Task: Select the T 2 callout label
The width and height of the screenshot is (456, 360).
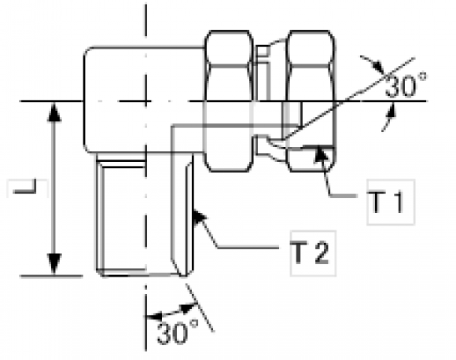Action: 310,253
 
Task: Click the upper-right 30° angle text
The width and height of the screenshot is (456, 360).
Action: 406,85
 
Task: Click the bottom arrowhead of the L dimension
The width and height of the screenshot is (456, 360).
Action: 53,264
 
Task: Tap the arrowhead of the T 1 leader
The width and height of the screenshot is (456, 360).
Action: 322,153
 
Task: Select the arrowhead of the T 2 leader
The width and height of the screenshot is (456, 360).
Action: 199,218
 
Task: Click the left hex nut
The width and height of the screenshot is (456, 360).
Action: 228,101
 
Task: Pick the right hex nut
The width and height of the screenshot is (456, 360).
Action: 311,101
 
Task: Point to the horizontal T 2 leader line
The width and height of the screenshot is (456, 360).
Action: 248,248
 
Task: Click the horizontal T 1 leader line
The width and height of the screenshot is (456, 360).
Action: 343,197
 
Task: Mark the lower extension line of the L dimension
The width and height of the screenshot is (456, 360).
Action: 51,276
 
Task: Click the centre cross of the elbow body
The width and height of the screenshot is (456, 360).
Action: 145,101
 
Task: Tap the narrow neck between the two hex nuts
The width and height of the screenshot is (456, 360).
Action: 269,101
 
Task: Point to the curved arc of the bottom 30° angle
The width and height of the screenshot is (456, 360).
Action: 171,312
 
